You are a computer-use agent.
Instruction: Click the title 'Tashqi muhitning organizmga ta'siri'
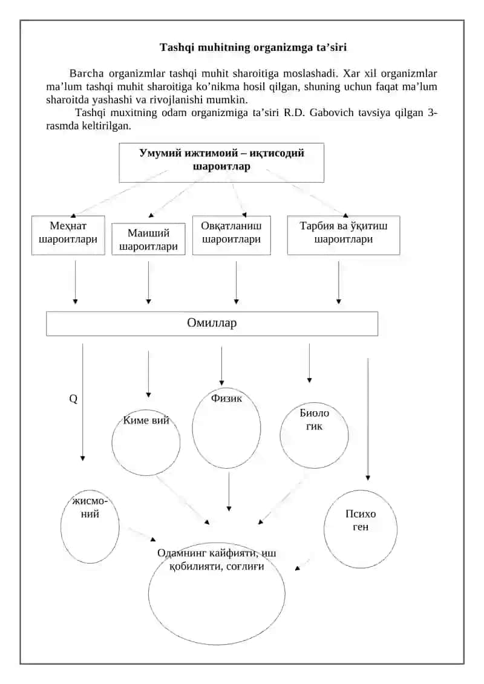pyautogui.click(x=253, y=47)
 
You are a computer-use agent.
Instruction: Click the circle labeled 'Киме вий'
pyautogui.click(x=112, y=443)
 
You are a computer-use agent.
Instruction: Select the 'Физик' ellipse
pyautogui.click(x=192, y=428)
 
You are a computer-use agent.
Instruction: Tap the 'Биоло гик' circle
pyautogui.click(x=280, y=435)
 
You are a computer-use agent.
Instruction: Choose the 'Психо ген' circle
pyautogui.click(x=324, y=529)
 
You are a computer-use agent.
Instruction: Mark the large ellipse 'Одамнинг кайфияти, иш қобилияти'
pyautogui.click(x=149, y=593)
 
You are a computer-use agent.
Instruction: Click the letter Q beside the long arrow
pyautogui.click(x=73, y=399)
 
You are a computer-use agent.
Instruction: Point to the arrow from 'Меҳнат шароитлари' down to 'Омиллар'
pyautogui.click(x=75, y=282)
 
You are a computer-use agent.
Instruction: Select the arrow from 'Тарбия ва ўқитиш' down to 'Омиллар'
pyautogui.click(x=339, y=282)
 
